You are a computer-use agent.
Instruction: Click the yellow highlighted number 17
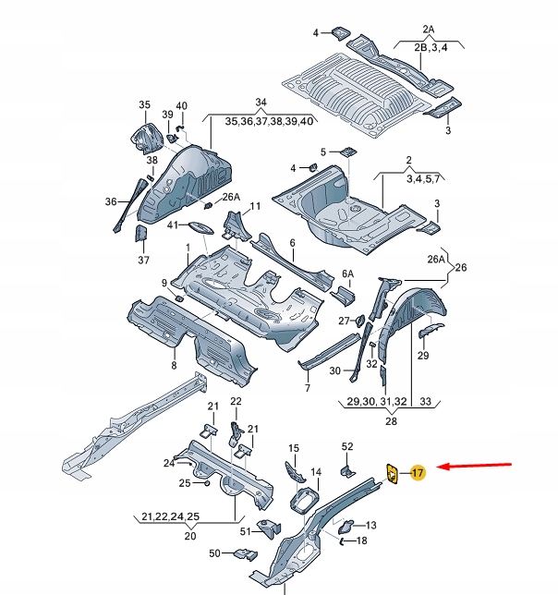pyautogui.click(x=417, y=473)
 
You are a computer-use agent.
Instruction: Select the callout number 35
pyautogui.click(x=144, y=104)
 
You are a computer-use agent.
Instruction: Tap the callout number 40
pyautogui.click(x=181, y=105)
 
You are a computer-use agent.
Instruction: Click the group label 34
pyautogui.click(x=261, y=102)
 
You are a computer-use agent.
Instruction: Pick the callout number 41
pyautogui.click(x=172, y=225)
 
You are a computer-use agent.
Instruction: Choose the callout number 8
pyautogui.click(x=173, y=366)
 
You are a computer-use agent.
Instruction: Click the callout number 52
pyautogui.click(x=347, y=447)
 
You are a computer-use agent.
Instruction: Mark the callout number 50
pyautogui.click(x=214, y=552)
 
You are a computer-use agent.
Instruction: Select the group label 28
pyautogui.click(x=391, y=421)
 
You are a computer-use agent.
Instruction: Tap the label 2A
pyautogui.click(x=428, y=29)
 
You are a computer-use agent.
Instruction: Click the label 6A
pyautogui.click(x=347, y=273)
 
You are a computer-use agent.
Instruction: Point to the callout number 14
pyautogui.click(x=316, y=472)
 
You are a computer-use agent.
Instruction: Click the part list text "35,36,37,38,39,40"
pyautogui.click(x=261, y=120)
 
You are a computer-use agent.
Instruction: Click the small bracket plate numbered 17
pyautogui.click(x=392, y=473)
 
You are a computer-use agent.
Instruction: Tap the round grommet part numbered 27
pyautogui.click(x=359, y=321)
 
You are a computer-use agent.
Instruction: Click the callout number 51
pyautogui.click(x=245, y=531)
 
